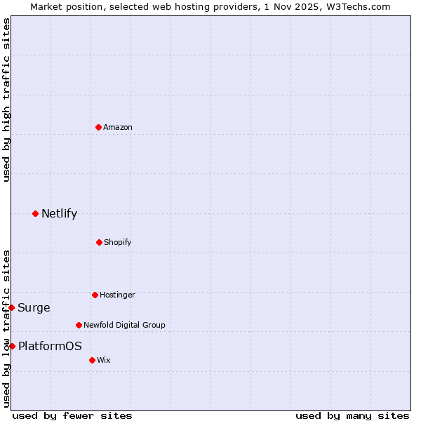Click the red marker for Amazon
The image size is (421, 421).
click(x=98, y=127)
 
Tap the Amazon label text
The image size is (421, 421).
click(x=118, y=127)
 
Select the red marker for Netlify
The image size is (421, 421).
click(x=35, y=213)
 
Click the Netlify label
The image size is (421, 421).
click(x=59, y=213)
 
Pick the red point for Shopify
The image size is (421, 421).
click(x=99, y=242)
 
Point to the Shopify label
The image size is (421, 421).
click(x=118, y=242)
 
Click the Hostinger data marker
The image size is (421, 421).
click(x=95, y=295)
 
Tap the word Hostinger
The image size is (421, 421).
click(x=117, y=295)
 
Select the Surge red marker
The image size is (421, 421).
click(x=11, y=307)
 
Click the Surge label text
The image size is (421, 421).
click(x=34, y=307)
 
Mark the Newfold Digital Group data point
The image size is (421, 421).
click(x=79, y=325)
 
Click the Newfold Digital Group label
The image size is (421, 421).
click(x=124, y=325)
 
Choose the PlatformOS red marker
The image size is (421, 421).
click(x=12, y=346)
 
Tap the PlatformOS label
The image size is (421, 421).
click(x=50, y=346)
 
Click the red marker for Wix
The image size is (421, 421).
click(x=92, y=360)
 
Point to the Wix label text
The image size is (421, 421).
click(x=104, y=360)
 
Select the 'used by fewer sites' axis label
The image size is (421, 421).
click(x=72, y=415)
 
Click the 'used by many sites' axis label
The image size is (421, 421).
click(x=352, y=415)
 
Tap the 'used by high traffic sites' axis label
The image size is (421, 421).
click(x=6, y=100)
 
